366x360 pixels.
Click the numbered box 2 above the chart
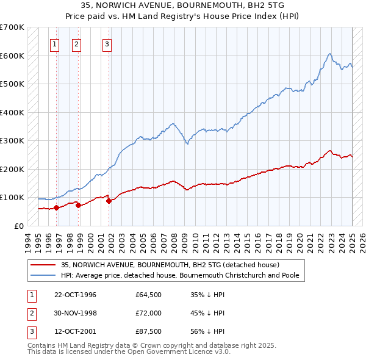pos(76,43)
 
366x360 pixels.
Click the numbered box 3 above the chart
pos(107,43)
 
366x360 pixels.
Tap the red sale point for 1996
pos(56,207)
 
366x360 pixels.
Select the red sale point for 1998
pos(78,205)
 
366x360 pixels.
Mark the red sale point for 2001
pos(109,201)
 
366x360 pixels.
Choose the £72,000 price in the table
pos(148,314)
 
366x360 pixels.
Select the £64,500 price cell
pos(148,295)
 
